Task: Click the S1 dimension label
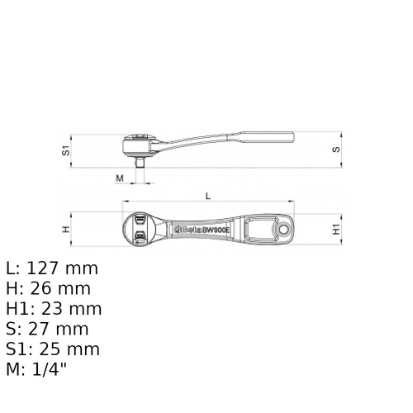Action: (x=66, y=151)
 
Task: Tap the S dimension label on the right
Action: (x=336, y=150)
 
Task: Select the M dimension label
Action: (x=120, y=178)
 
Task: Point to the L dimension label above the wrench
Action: (x=208, y=196)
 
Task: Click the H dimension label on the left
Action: (x=66, y=229)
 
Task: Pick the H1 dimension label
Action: (x=336, y=230)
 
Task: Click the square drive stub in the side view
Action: (x=140, y=162)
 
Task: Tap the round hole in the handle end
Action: (x=282, y=229)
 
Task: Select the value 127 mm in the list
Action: (x=62, y=268)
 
